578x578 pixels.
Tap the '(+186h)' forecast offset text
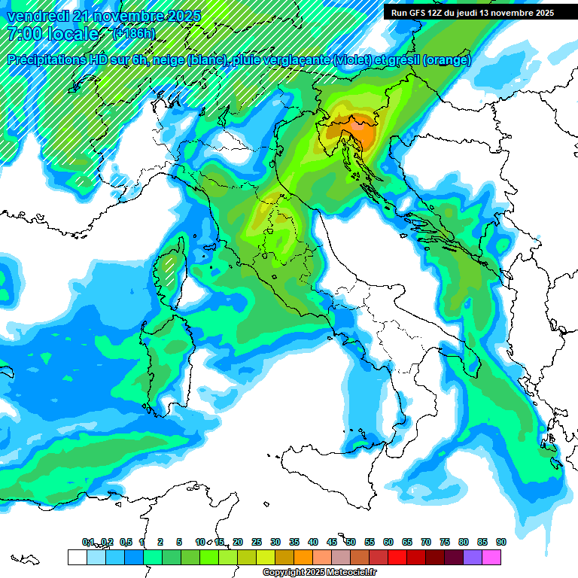coord(134,34)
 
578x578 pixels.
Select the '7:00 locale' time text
coord(53,34)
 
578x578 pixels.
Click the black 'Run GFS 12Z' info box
coord(472,13)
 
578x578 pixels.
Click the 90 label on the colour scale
coord(500,542)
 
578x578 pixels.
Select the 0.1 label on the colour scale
coord(88,542)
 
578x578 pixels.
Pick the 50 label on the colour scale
coord(351,542)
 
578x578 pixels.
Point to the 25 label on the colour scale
coord(257,542)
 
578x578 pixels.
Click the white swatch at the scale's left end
coord(77,557)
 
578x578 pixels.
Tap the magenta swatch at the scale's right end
coord(491,557)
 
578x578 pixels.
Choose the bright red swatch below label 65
coord(397,557)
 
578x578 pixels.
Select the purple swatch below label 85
coord(473,557)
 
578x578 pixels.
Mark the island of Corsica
coord(172,271)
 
